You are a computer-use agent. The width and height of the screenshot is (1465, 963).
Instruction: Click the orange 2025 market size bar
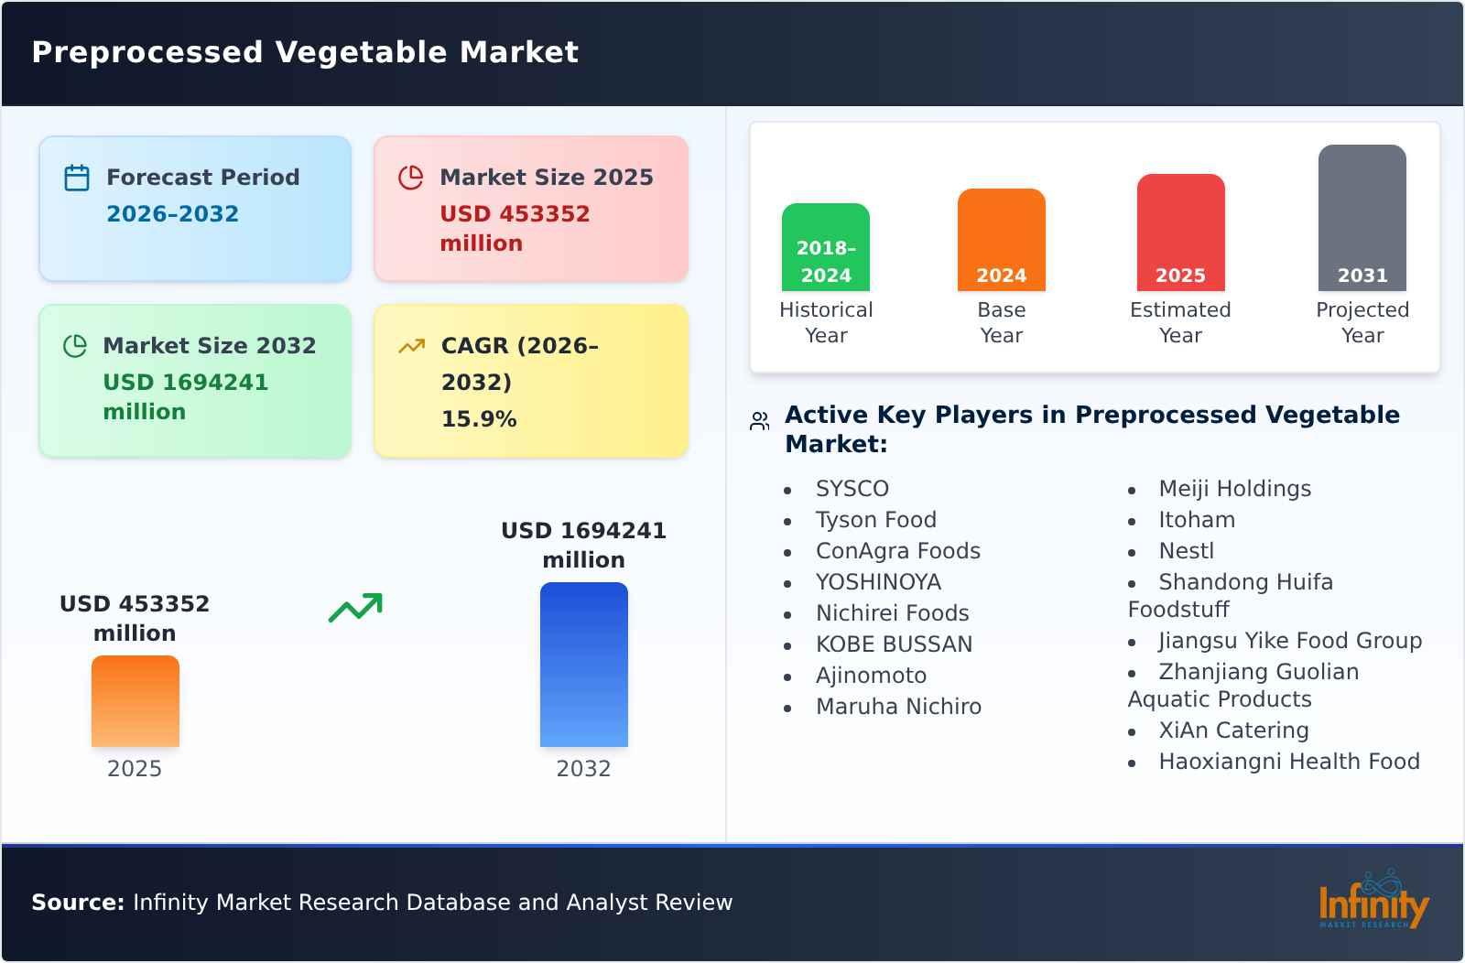click(136, 701)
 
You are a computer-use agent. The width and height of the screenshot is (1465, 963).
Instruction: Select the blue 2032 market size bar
click(584, 665)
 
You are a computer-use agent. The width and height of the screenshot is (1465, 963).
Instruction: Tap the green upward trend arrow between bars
click(355, 608)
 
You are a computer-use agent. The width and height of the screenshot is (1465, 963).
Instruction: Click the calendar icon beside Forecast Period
click(77, 178)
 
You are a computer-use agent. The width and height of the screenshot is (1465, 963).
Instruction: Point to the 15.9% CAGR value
click(479, 419)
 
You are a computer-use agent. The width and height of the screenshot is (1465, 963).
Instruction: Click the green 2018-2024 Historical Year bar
click(826, 247)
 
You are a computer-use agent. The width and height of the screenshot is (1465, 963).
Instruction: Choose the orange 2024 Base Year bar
click(1002, 240)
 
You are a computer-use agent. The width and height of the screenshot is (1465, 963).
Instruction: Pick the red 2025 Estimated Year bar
click(1180, 233)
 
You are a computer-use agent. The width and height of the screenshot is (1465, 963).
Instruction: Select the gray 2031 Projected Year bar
click(1362, 218)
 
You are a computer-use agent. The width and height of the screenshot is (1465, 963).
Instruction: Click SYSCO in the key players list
click(852, 489)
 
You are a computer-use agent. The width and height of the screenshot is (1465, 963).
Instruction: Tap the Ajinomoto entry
click(871, 676)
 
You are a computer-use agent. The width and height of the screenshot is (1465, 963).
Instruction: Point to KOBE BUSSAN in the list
click(894, 644)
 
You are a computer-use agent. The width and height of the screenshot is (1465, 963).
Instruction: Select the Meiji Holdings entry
click(1234, 489)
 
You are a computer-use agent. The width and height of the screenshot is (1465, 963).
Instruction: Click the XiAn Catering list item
click(1233, 730)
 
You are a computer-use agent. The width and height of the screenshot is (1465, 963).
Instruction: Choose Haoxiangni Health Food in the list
click(1289, 762)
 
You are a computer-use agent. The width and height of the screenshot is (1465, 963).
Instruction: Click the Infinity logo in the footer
click(1373, 902)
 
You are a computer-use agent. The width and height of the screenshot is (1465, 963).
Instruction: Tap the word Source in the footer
click(77, 903)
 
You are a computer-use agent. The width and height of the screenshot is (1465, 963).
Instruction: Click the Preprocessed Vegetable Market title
click(305, 52)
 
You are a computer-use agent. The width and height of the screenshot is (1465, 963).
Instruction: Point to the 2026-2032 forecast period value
click(172, 214)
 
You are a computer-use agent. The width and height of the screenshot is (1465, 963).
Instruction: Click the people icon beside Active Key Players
click(760, 421)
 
